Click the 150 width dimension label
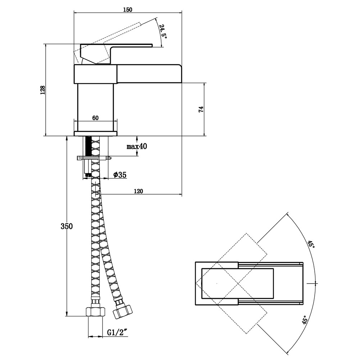pyautogui.click(x=127, y=10)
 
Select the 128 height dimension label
pyautogui.click(x=42, y=90)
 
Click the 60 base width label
pyautogui.click(x=95, y=118)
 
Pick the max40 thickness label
pyautogui.click(x=137, y=146)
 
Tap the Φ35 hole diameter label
pyautogui.click(x=120, y=175)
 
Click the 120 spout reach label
pyautogui.click(x=138, y=191)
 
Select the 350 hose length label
pyautogui.click(x=67, y=226)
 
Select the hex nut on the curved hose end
pyautogui.click(x=121, y=310)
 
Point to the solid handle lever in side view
pyautogui.click(x=129, y=46)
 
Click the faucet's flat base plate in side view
pyautogui.click(x=96, y=134)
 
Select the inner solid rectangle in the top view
pyautogui.click(x=237, y=283)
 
